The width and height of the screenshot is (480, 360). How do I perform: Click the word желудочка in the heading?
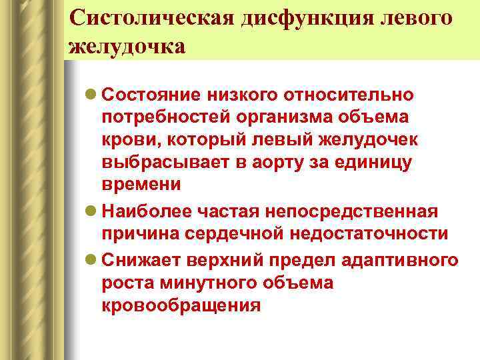(x=127, y=47)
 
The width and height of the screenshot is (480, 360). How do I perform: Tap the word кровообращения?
(x=181, y=306)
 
